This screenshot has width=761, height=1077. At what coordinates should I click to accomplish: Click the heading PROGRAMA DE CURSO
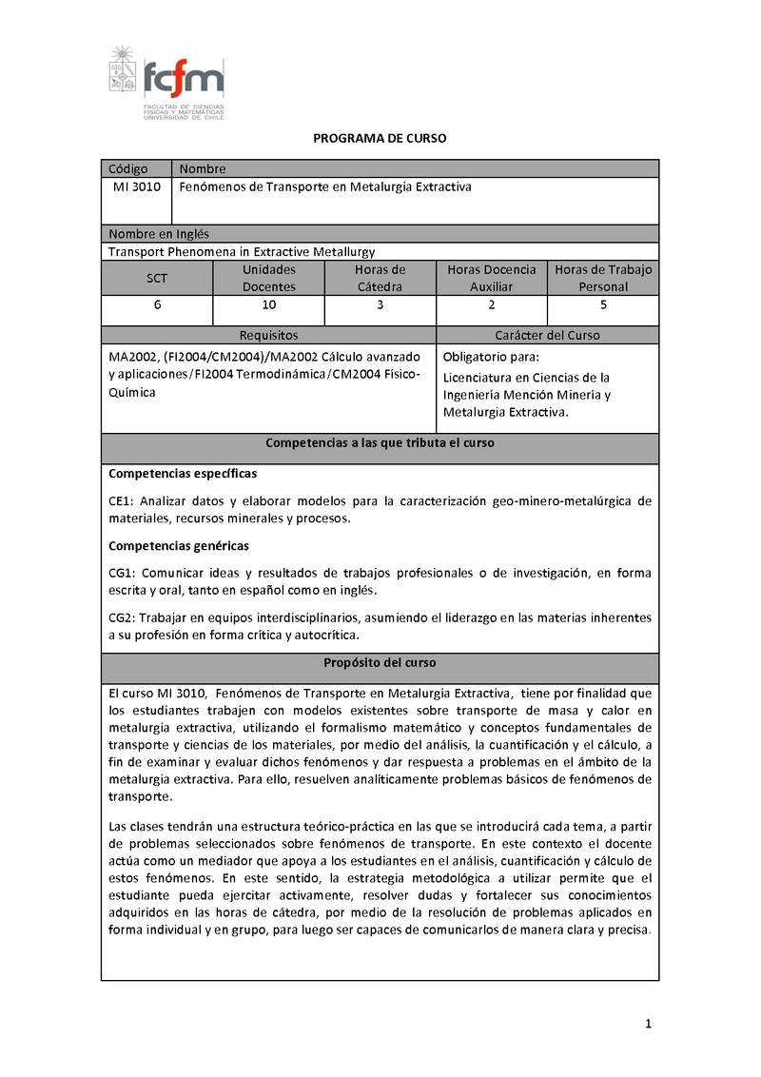[x=380, y=139]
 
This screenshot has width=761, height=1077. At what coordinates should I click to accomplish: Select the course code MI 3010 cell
[x=135, y=187]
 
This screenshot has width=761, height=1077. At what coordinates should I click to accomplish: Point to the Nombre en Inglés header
[x=159, y=234]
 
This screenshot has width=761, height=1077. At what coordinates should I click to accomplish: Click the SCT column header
[x=157, y=278]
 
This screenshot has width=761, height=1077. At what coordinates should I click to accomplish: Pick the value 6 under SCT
[x=157, y=305]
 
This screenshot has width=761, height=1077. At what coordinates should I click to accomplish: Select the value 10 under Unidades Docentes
[x=269, y=305]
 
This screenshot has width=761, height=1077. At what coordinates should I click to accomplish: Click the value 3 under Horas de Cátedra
[x=380, y=305]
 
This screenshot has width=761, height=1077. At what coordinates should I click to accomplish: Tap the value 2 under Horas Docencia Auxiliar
[x=492, y=305]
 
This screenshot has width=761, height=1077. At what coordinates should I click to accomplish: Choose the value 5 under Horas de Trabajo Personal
[x=603, y=305]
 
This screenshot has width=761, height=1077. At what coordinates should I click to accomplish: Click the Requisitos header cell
[x=268, y=336]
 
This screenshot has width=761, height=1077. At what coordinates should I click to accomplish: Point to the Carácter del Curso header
[x=547, y=336]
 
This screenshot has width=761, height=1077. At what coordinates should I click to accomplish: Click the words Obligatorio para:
[x=491, y=358]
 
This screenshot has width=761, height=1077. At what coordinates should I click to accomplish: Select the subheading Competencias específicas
[x=183, y=474]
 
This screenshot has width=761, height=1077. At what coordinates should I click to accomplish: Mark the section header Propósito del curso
[x=380, y=662]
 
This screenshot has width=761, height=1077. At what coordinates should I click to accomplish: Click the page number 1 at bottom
[x=648, y=1024]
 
